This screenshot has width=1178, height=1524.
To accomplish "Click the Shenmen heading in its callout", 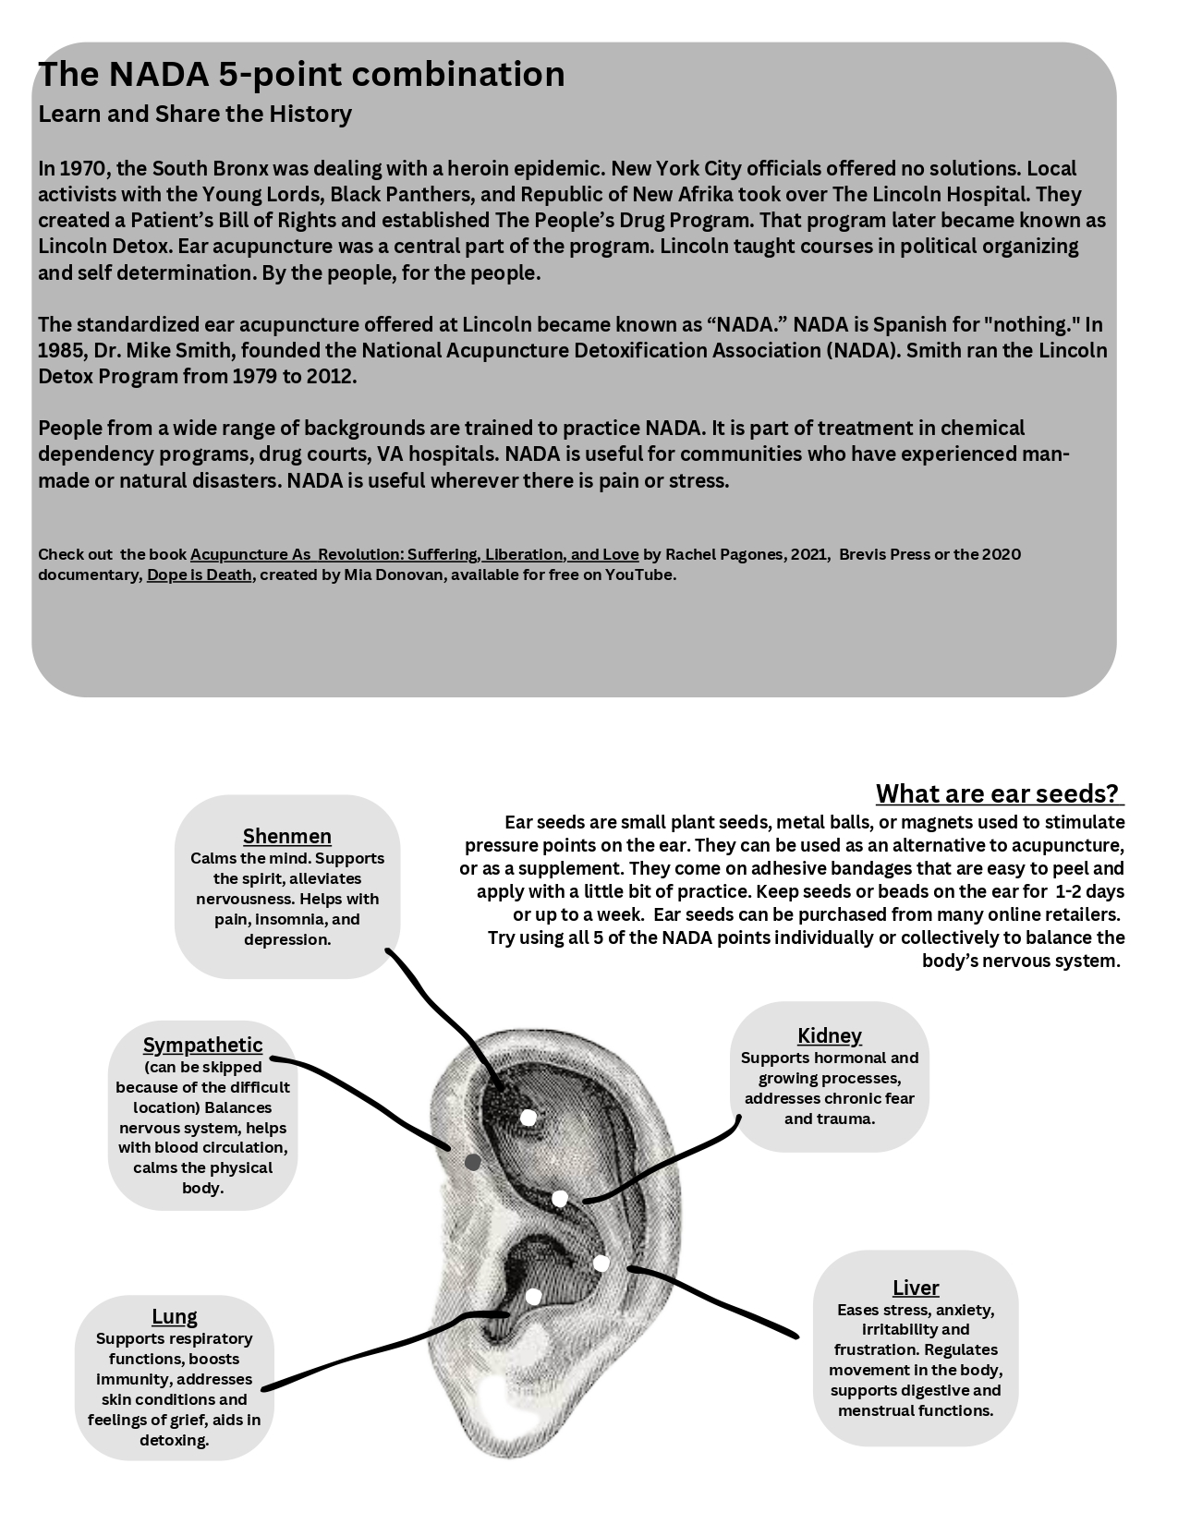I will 286,836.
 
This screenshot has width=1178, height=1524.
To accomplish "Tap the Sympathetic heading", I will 202,1045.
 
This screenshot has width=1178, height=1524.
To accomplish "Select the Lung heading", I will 175,1316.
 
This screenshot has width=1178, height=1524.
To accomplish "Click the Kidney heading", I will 829,1035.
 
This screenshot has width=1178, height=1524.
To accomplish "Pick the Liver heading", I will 916,1288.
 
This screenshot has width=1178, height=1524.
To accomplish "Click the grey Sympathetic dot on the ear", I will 472,1162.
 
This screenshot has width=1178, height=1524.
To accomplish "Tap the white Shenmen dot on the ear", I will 528,1118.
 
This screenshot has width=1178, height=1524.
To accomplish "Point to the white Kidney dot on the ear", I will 559,1199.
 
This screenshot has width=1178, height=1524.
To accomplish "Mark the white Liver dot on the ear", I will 601,1263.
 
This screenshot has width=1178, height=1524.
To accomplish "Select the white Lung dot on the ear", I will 533,1297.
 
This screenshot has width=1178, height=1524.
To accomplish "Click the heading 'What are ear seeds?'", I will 997,793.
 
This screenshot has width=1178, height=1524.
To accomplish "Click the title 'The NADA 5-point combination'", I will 301,74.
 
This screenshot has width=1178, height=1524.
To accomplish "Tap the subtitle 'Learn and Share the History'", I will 195,114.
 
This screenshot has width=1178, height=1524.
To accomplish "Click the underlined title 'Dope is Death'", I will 199,575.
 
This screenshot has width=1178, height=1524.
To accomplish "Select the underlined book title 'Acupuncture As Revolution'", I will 414,554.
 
